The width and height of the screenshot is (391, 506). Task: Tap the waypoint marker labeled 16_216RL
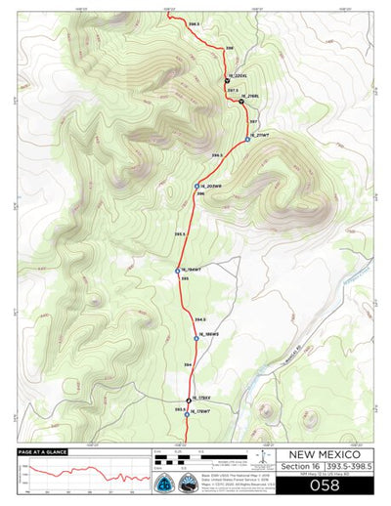[x=240, y=101]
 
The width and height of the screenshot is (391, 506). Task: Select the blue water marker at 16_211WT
[x=248, y=140]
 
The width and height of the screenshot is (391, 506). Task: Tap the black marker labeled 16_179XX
[x=189, y=400]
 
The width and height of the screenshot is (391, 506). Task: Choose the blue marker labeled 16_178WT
[x=187, y=413]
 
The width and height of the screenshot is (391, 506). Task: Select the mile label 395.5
[x=179, y=234]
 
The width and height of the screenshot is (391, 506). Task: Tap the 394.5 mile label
[x=199, y=319]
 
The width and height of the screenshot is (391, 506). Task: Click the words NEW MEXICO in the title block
[x=325, y=455]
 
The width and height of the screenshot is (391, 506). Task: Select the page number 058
[x=325, y=485]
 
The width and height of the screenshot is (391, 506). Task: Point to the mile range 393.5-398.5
[x=348, y=467]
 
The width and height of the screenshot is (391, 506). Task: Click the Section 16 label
[x=302, y=467]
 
